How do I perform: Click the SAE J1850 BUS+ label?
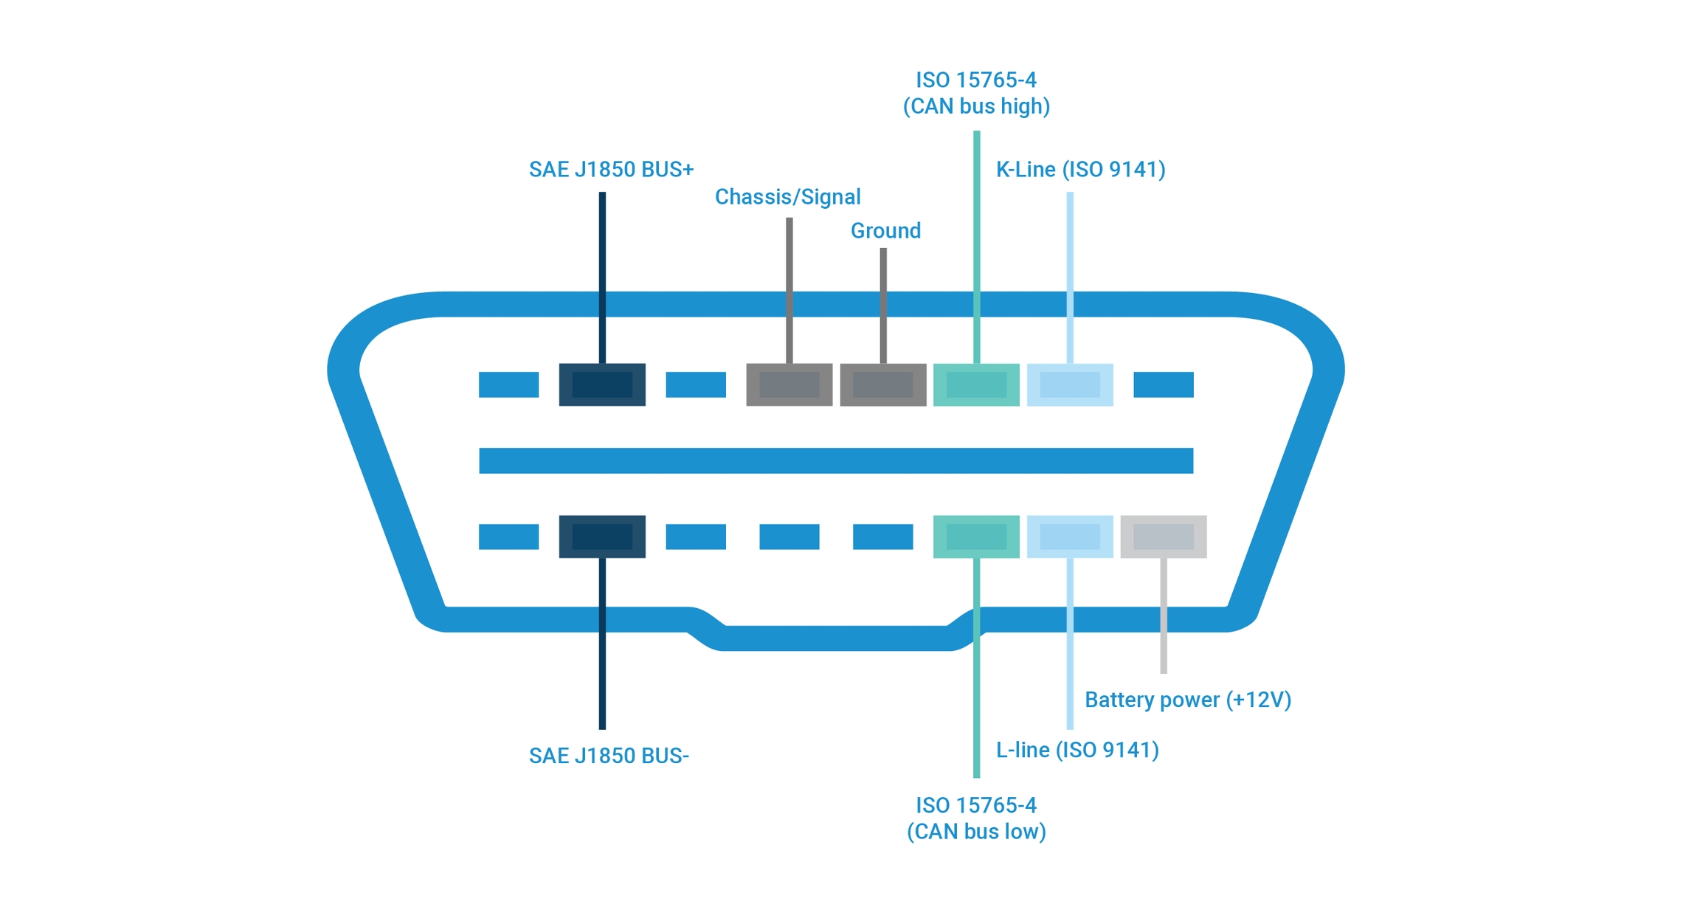[x=611, y=170]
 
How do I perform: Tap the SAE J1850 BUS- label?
[x=609, y=756]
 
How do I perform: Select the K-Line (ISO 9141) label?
[x=1080, y=170]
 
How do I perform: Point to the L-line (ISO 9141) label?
[x=1077, y=750]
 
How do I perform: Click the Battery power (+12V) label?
[x=1187, y=700]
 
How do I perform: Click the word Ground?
[x=885, y=231]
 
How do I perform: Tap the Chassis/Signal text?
[x=787, y=197]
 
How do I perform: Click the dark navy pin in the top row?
[x=602, y=385]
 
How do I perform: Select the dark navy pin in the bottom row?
[x=602, y=537]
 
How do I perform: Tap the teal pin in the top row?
[x=976, y=385]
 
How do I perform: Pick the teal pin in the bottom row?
[x=976, y=537]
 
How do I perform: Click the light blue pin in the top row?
[x=1070, y=385]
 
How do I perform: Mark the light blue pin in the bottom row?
[x=1070, y=537]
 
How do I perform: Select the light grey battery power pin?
[x=1164, y=537]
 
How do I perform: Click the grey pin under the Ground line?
[x=883, y=385]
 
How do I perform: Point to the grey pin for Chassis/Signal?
[x=789, y=385]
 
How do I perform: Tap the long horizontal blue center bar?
[x=836, y=461]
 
